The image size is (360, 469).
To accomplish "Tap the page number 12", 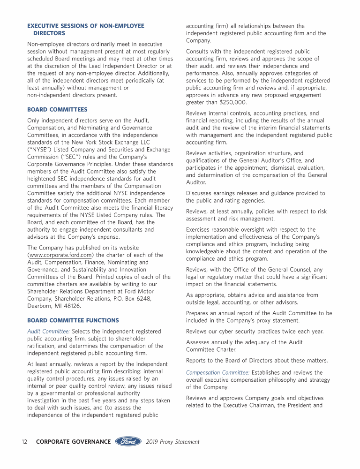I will (25, 441).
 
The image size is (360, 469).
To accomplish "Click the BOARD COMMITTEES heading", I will (57, 109).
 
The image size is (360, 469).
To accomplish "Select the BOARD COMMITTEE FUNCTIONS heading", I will (73, 320).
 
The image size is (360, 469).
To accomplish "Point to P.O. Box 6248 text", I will (133, 299).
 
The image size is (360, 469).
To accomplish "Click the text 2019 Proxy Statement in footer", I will (172, 441).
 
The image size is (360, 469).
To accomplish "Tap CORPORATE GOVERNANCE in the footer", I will (73, 441).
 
